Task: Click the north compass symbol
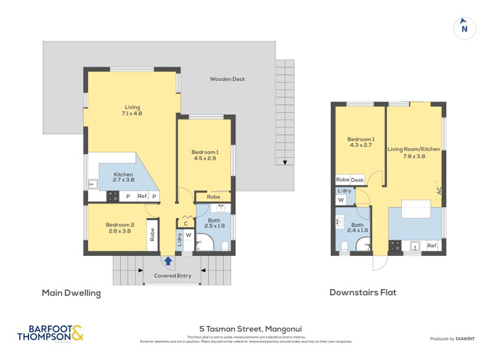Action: (465, 28)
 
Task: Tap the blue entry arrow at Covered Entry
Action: (168, 261)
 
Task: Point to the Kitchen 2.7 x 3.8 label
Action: (123, 178)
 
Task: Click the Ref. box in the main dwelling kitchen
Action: (142, 197)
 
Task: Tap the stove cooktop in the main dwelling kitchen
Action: (113, 197)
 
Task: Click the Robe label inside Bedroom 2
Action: (152, 235)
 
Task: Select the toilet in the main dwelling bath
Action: (224, 247)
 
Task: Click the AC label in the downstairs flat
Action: (438, 191)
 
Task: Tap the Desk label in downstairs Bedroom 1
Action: (357, 179)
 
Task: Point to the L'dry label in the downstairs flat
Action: (343, 191)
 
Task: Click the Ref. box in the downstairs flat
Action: (432, 246)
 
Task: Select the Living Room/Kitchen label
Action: (414, 152)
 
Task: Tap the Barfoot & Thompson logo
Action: (50, 333)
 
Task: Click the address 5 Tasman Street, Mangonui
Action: (246, 328)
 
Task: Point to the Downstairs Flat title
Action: (362, 292)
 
